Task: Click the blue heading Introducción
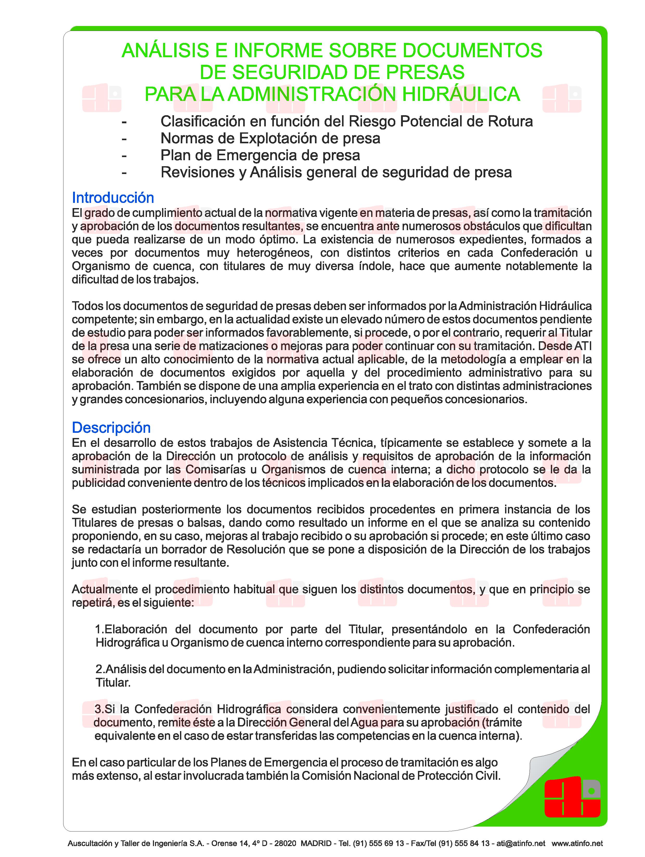113,198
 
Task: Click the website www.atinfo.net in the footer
577,843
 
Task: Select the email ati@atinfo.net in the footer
521,843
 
